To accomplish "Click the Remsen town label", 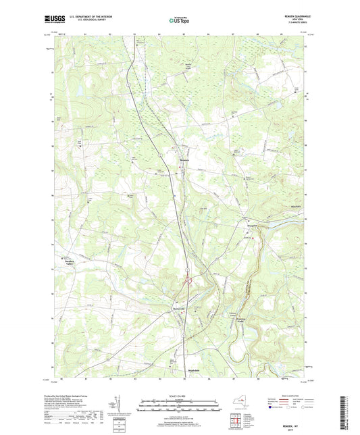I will point(184,160).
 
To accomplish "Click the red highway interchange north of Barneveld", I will point(189,282).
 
